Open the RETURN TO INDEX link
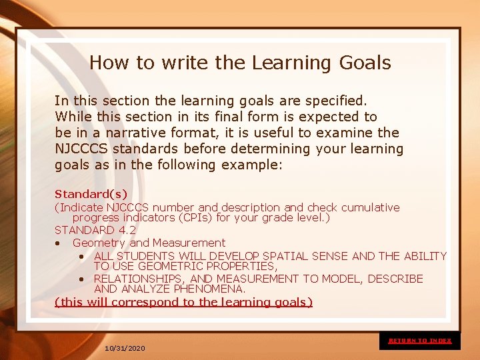coord(420,341)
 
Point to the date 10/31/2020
coord(125,349)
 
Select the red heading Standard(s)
coord(82,195)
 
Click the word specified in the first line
coord(335,101)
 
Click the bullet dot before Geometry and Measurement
coord(59,243)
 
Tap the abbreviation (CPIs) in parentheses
coord(184,218)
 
